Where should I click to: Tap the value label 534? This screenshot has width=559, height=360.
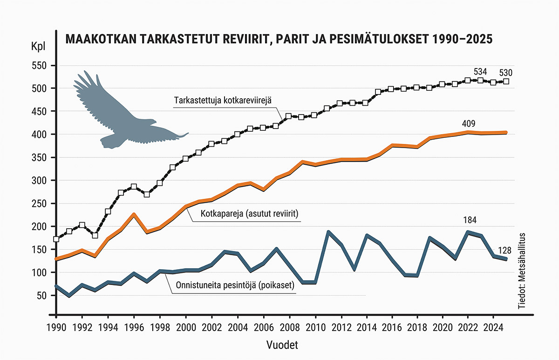480,72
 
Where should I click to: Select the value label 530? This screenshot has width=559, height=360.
506,73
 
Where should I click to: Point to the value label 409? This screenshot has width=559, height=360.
469,124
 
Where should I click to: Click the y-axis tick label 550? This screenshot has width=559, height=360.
40,66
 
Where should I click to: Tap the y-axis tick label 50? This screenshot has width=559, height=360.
41,296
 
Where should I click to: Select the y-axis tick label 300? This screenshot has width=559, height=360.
40,181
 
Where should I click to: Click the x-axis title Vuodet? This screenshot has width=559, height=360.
283,346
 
